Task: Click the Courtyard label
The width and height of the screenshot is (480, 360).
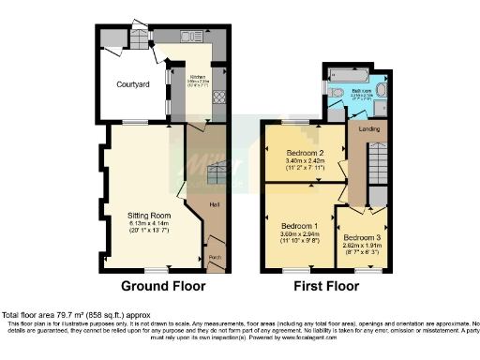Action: tap(133, 84)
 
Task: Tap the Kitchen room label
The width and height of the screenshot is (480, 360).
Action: tap(198, 77)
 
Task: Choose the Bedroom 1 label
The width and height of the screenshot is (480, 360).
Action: tap(300, 226)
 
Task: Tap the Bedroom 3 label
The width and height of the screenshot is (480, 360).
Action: tap(360, 237)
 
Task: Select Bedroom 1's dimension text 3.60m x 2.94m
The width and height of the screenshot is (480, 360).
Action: tap(300, 234)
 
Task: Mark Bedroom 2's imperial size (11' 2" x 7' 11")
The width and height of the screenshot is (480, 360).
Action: tap(305, 169)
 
